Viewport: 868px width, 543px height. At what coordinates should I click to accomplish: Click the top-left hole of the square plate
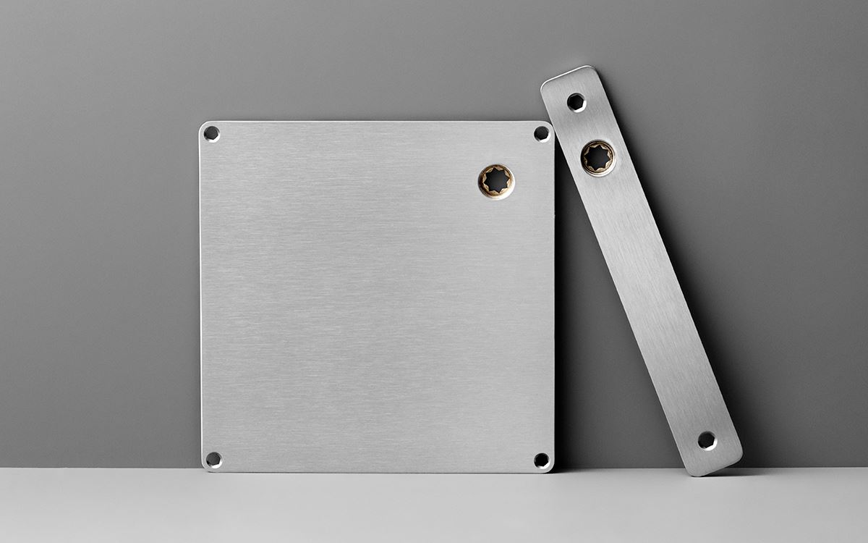point(211,133)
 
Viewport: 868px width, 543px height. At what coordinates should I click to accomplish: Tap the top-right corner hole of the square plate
point(541,133)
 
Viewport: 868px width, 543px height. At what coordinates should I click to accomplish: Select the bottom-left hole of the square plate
point(213,459)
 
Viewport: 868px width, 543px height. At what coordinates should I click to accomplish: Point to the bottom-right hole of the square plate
point(541,459)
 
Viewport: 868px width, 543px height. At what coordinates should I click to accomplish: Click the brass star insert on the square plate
point(496,180)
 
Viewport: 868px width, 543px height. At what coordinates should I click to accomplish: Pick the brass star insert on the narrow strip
point(598,157)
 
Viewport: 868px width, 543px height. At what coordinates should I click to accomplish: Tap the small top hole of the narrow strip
point(576,101)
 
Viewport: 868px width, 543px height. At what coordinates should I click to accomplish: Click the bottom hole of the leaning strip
point(707,439)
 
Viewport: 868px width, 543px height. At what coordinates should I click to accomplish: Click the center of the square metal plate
point(376,297)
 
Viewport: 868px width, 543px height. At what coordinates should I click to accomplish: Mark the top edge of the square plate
point(376,122)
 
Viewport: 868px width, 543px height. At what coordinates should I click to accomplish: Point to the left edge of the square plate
point(200,297)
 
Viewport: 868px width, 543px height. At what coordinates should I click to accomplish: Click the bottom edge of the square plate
point(376,471)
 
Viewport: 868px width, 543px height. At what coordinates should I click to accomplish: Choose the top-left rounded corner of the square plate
point(203,125)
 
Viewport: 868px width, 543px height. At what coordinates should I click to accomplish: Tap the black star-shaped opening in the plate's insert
point(496,180)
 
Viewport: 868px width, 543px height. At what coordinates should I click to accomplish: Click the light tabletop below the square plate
point(376,507)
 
